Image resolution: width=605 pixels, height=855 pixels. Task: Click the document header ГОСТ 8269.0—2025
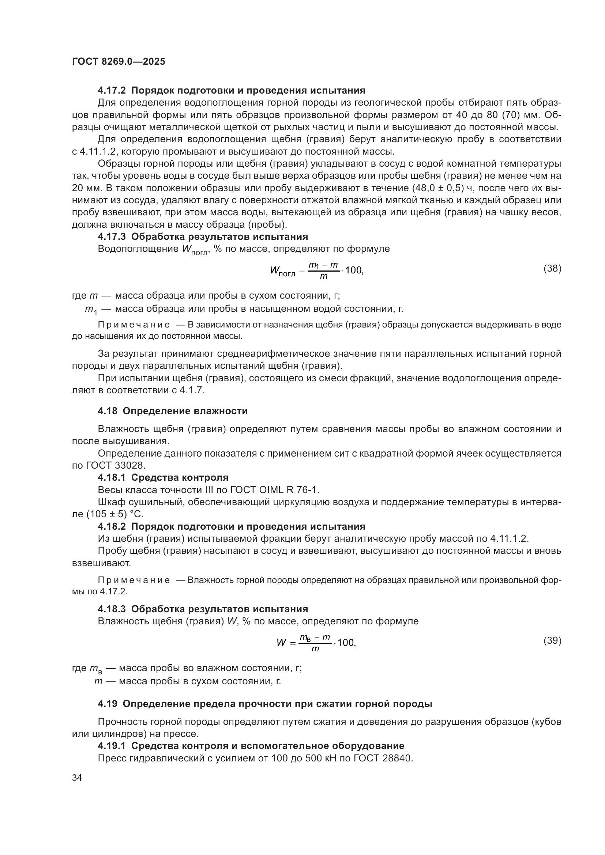pyautogui.click(x=119, y=62)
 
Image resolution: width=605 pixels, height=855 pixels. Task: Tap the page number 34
pyautogui.click(x=77, y=778)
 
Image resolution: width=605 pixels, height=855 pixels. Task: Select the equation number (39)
pyautogui.click(x=552, y=640)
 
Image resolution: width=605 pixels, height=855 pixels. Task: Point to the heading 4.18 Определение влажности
pyautogui.click(x=173, y=411)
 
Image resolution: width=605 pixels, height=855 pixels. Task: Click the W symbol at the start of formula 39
pyautogui.click(x=281, y=643)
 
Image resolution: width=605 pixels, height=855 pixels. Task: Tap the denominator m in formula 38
pyautogui.click(x=324, y=277)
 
